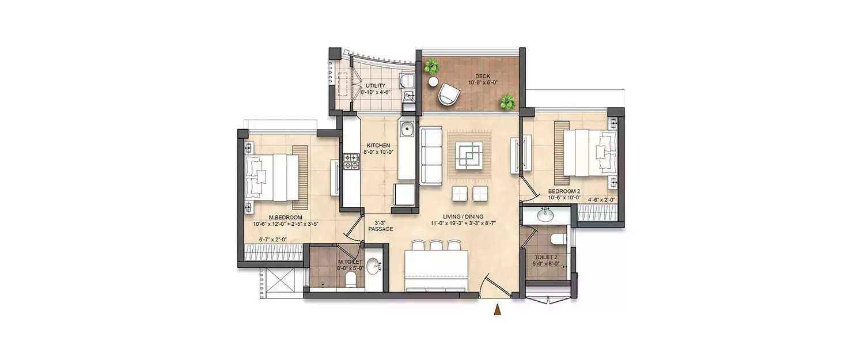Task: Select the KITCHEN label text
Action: [x=377, y=145]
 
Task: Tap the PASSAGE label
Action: [x=381, y=229]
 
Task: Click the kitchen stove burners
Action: [x=351, y=161]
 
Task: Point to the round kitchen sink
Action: [x=407, y=127]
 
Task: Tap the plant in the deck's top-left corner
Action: [x=431, y=68]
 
